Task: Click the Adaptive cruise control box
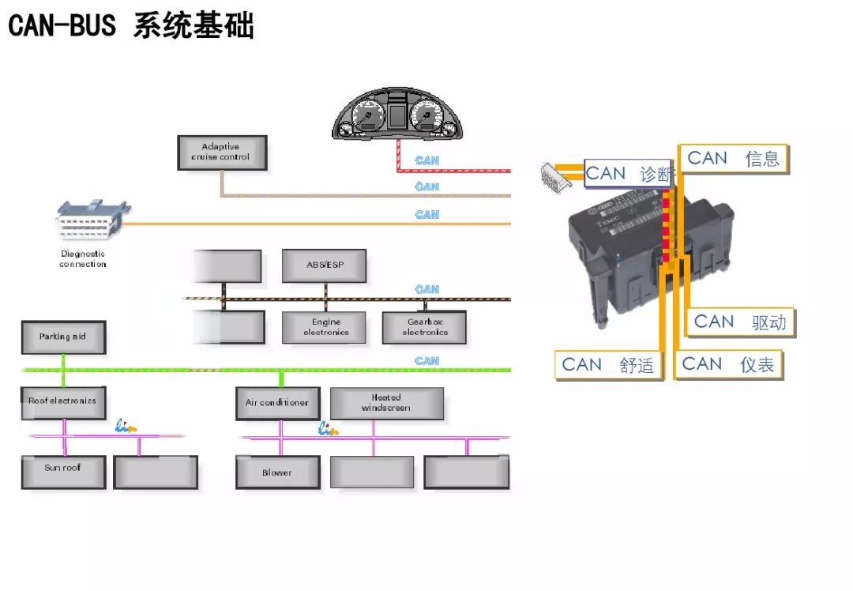(222, 152)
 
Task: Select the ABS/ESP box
(325, 265)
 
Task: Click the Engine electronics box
(325, 327)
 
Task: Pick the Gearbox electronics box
(425, 327)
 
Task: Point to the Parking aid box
(63, 337)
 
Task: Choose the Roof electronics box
(63, 402)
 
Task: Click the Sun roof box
(63, 472)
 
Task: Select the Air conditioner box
(277, 404)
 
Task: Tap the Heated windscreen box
(386, 403)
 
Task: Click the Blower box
(277, 472)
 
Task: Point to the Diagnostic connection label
(83, 259)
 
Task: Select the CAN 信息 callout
(734, 159)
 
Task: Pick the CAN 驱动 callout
(740, 322)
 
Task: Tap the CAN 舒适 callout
(608, 365)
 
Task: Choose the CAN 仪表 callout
(728, 364)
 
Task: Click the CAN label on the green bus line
(427, 361)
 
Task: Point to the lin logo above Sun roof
(126, 426)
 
